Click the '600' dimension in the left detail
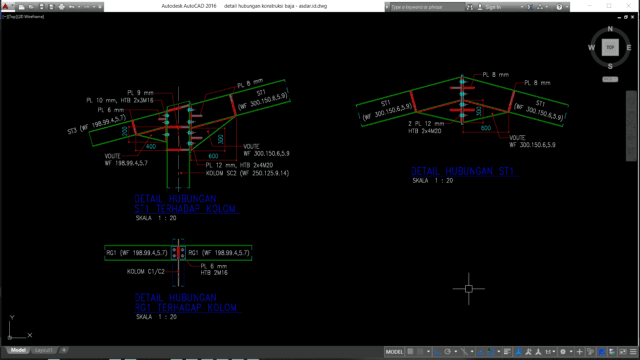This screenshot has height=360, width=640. tap(212, 156)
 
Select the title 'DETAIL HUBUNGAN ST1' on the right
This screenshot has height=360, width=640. tap(463, 171)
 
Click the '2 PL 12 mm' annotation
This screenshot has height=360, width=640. tap(427, 122)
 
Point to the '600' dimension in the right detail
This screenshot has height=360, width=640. tap(483, 128)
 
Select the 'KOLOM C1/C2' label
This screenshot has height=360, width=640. tap(146, 271)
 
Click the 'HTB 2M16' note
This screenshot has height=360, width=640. tap(213, 272)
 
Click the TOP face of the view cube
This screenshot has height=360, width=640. tap(608, 47)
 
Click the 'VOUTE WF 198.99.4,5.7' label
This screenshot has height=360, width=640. tap(126, 160)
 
